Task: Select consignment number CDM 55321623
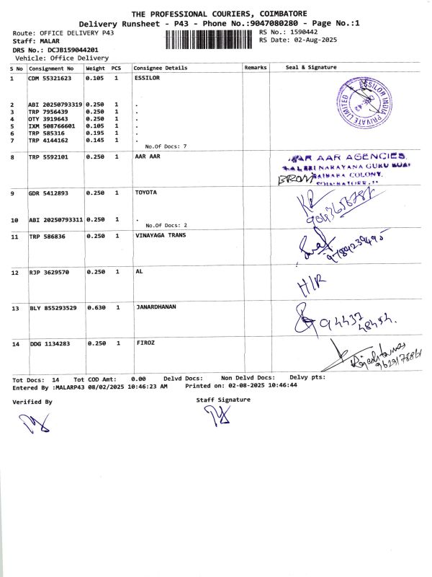(x=50, y=78)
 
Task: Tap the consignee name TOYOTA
(x=146, y=193)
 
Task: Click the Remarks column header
(x=256, y=68)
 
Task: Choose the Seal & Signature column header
(x=311, y=68)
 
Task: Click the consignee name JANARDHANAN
(x=156, y=307)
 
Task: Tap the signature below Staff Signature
(x=215, y=416)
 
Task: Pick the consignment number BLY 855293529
(x=53, y=308)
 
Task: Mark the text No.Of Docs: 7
(x=166, y=146)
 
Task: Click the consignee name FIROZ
(x=145, y=343)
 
